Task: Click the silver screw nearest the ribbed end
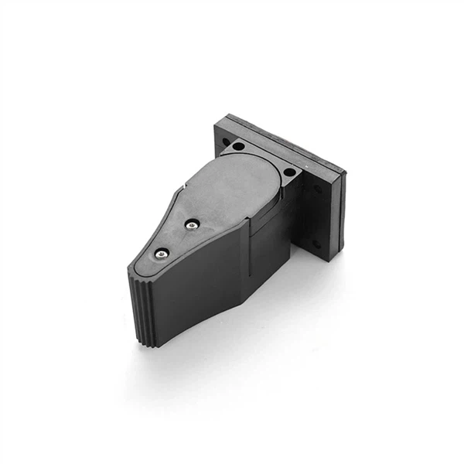pyautogui.click(x=160, y=252)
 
